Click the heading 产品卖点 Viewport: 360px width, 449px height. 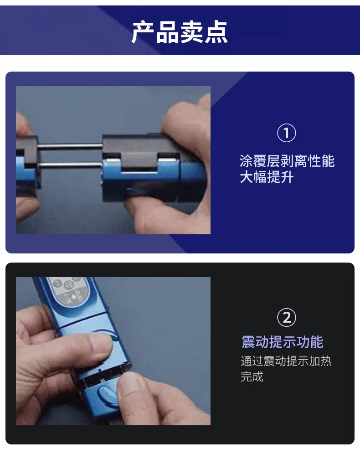[x=180, y=32]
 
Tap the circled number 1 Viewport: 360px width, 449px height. [x=287, y=133]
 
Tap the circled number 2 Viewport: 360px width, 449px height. [x=287, y=317]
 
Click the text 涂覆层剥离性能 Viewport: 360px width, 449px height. [x=287, y=161]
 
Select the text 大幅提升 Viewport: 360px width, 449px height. [x=267, y=177]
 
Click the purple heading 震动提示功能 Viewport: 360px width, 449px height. [x=283, y=342]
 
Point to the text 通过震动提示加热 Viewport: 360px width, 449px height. [x=286, y=361]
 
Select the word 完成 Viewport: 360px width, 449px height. [x=252, y=376]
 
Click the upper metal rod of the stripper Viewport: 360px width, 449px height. [x=70, y=146]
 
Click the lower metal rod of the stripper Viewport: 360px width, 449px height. [x=70, y=165]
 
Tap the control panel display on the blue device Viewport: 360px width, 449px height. [x=68, y=290]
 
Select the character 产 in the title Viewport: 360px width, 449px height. [x=143, y=32]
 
